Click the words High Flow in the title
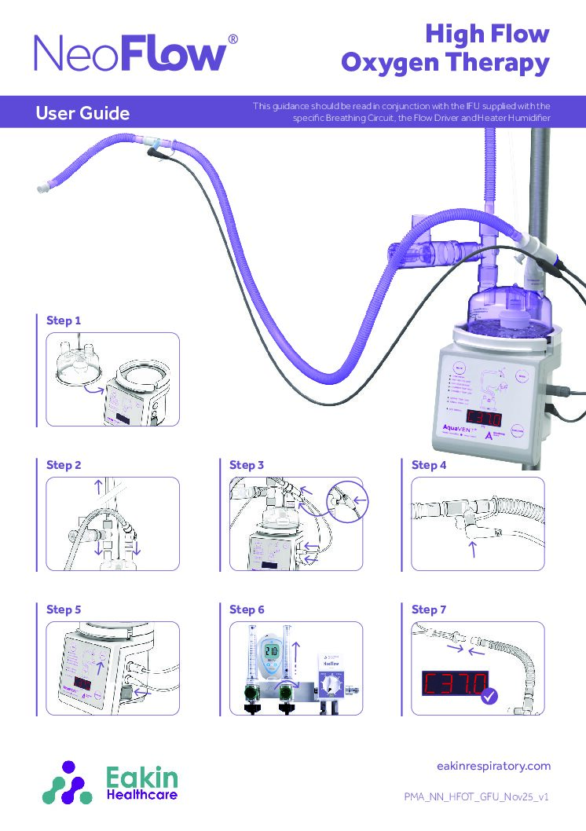coord(486,35)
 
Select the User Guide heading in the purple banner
coord(82,113)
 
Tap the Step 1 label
coord(64,320)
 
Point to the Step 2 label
coord(64,465)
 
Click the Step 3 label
coord(247,465)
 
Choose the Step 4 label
coord(429,465)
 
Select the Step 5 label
coord(64,609)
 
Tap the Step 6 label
coord(247,609)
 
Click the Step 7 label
coord(429,609)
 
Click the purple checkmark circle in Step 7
coord(489,696)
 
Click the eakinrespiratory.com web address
coord(493,766)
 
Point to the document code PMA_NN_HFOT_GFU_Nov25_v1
coord(476,796)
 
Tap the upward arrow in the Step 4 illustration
coord(473,547)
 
